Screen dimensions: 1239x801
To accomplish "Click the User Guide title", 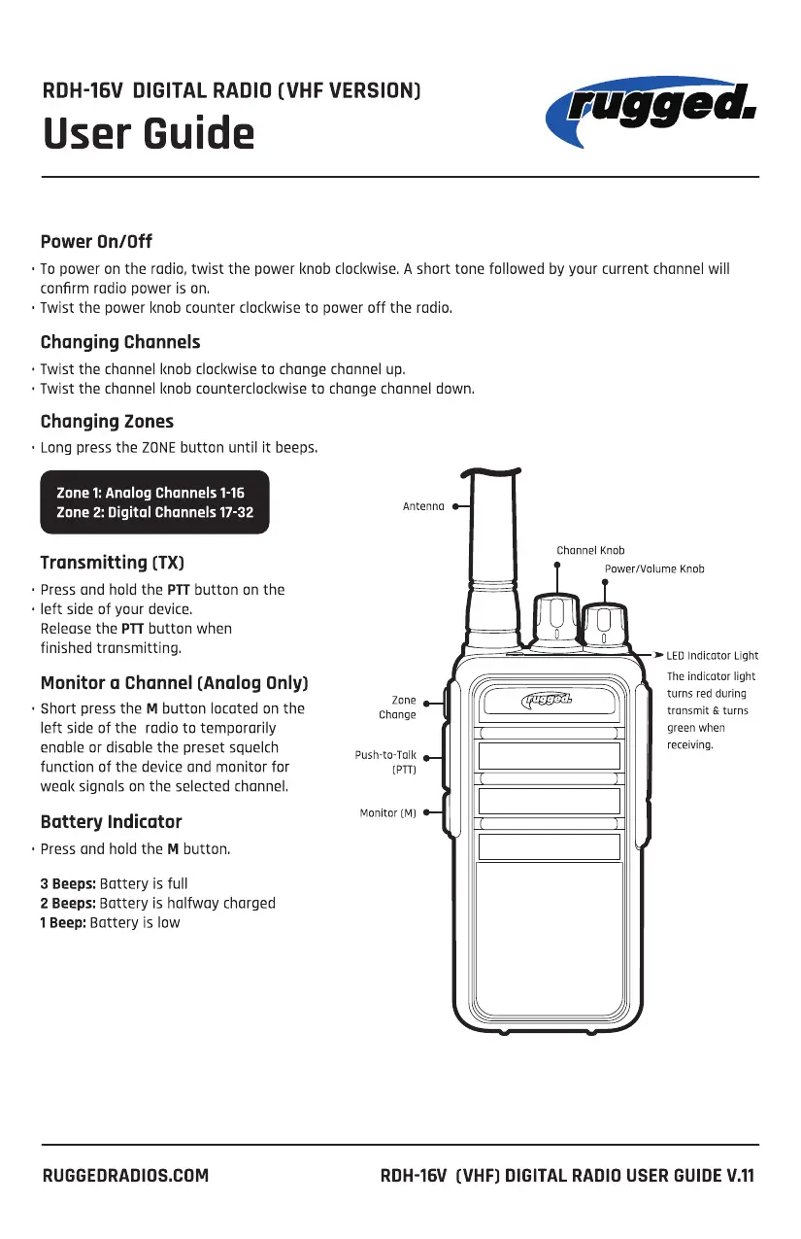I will point(149,133).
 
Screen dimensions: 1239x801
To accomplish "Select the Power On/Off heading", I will point(96,241).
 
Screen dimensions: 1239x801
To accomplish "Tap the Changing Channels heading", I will point(120,342).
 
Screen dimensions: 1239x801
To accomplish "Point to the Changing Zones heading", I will point(107,422).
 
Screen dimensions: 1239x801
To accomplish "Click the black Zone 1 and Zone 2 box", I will point(154,502).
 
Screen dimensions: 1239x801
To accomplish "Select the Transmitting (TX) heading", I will point(113,563).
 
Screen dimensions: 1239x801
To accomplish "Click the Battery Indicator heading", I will point(111,822).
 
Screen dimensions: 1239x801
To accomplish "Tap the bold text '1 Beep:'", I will point(63,922).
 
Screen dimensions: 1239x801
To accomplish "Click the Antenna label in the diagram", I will point(423,506).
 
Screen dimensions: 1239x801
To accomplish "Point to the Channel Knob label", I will point(590,550).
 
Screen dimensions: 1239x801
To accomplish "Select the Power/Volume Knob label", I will point(654,568).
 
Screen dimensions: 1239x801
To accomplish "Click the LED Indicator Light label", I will point(712,656).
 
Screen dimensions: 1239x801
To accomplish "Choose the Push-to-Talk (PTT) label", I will point(385,762).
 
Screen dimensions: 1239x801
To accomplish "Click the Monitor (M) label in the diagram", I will point(387,813).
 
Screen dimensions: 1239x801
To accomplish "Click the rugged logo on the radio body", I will point(548,701).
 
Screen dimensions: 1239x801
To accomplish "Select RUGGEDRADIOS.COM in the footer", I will point(125,1175).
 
